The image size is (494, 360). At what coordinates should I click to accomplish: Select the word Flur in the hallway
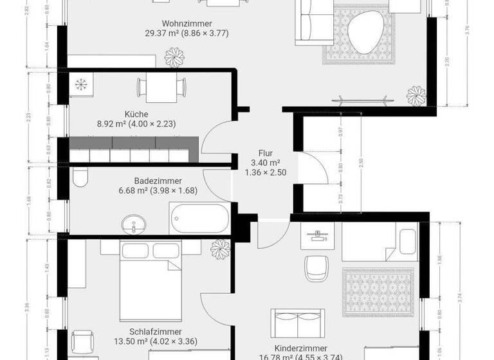[x=266, y=153]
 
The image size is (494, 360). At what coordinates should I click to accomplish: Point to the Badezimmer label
[x=158, y=181]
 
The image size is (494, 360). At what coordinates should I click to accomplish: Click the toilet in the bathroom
[x=80, y=176]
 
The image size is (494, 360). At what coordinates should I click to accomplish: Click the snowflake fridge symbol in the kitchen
[x=82, y=84]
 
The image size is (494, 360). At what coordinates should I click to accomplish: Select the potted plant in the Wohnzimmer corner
[x=417, y=96]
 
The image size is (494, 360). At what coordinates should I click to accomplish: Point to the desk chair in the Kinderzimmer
[x=316, y=267]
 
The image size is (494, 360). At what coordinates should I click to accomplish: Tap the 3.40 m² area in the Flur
[x=266, y=163]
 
